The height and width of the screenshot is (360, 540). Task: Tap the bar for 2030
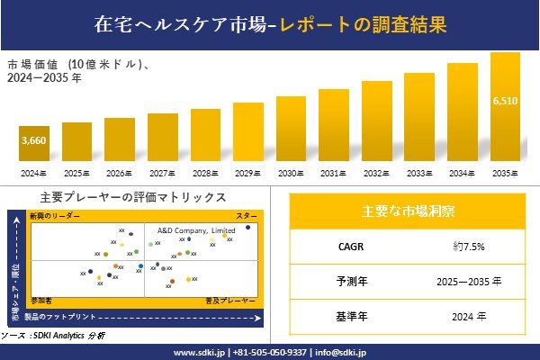291,129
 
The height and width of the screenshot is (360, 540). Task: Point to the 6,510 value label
505,101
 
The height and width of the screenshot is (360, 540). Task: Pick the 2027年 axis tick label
162,173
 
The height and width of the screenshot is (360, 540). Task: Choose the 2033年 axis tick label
419,173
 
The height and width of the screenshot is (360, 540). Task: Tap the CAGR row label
346,246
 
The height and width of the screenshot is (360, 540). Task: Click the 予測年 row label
346,281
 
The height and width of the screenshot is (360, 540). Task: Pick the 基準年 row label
346,316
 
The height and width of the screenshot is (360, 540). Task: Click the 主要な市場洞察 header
407,212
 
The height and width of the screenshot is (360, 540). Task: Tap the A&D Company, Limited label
197,230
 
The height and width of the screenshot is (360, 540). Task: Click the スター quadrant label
246,217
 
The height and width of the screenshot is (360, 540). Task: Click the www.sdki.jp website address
199,352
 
